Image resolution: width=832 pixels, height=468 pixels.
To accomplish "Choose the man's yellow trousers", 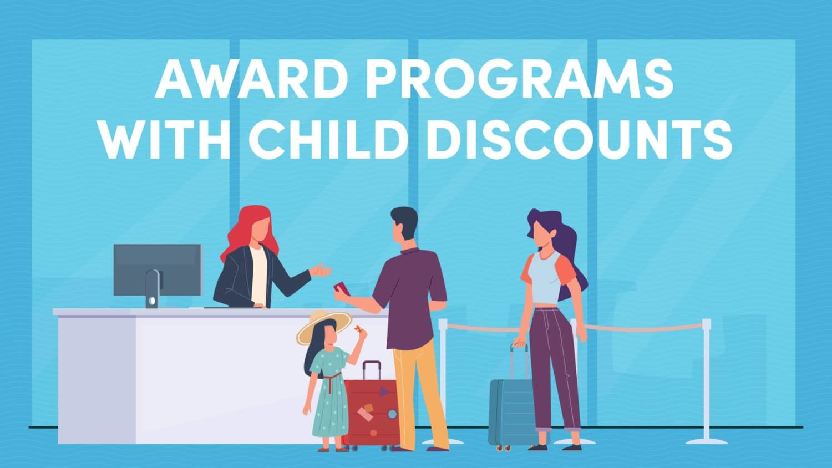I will click(419, 388).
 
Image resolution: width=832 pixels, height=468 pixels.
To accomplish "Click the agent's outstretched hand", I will click(321, 271).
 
